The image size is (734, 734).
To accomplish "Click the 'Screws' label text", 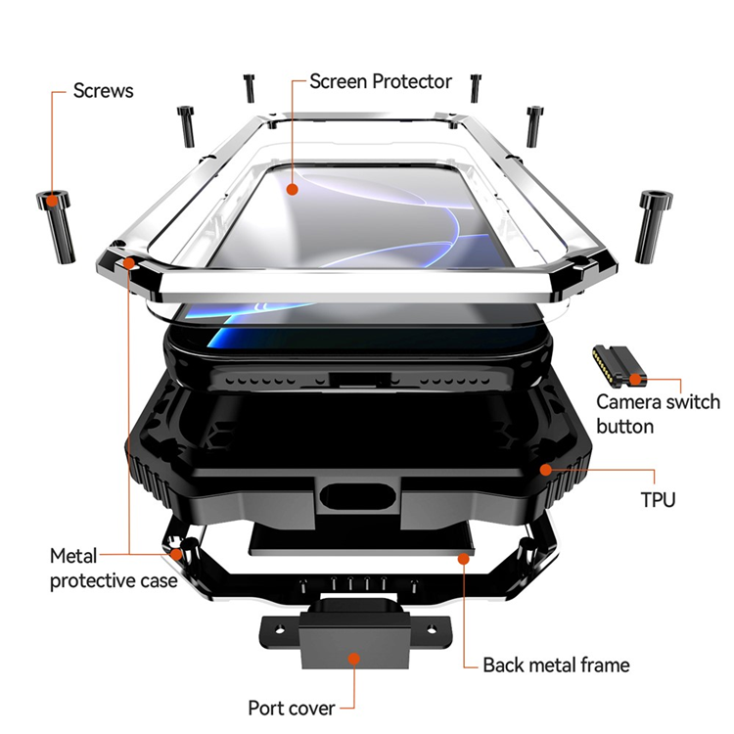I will click(103, 91).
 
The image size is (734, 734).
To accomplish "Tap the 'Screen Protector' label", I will click(381, 81).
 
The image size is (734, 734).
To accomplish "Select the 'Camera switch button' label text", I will click(658, 413).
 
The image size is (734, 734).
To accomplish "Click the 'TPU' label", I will click(658, 501).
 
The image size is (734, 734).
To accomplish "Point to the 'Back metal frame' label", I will click(556, 665).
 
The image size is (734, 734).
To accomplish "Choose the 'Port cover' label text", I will click(292, 708).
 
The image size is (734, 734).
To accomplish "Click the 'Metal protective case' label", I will click(113, 569).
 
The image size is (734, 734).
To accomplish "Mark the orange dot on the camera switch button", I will click(635, 379).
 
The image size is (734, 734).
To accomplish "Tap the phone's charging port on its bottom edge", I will click(351, 377).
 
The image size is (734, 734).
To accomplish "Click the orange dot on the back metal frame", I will click(461, 557).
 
